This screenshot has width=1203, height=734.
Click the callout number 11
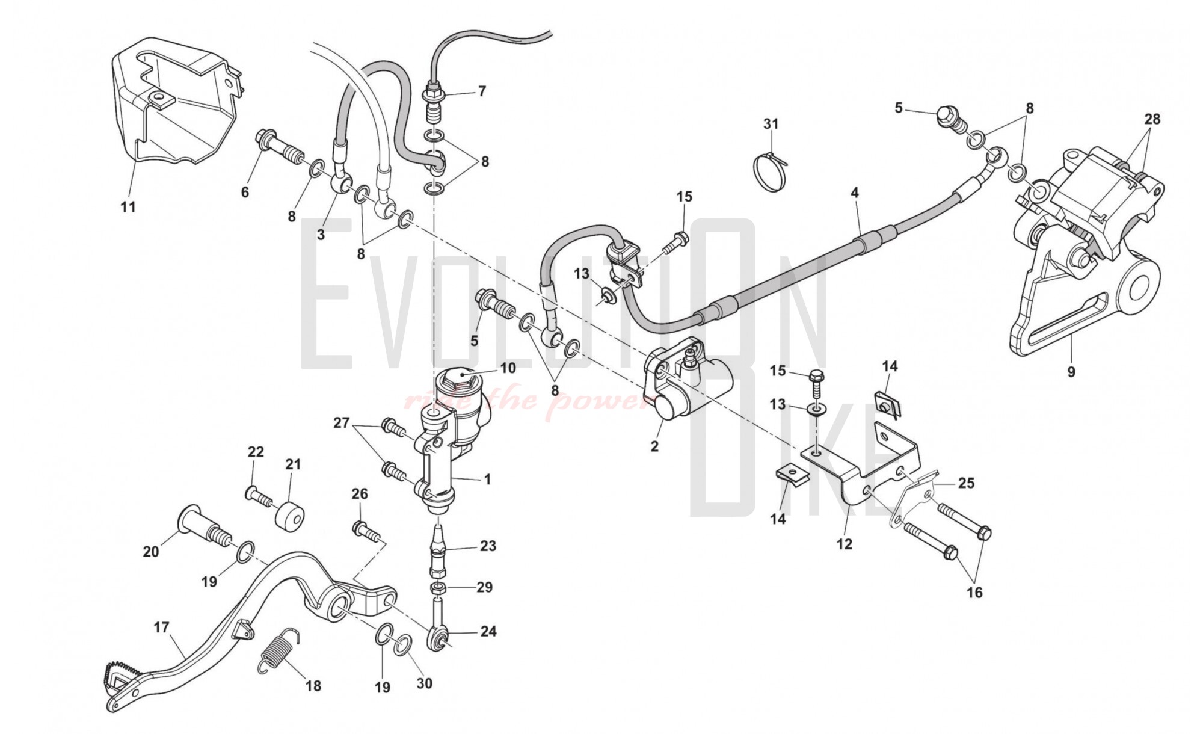click(128, 207)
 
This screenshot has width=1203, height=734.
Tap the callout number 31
click(771, 124)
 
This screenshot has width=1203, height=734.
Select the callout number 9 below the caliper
click(1071, 372)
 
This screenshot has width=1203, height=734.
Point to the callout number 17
click(161, 628)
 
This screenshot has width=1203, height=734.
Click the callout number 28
click(1152, 119)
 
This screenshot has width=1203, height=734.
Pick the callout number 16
click(974, 593)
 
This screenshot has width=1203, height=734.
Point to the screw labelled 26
click(364, 529)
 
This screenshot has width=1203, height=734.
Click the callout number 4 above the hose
click(854, 193)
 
